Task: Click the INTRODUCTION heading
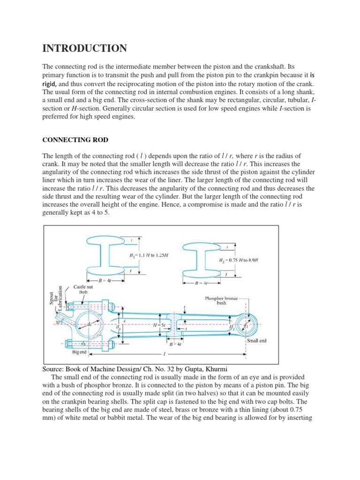84,48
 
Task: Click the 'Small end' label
256,341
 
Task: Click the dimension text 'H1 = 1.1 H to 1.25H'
149,255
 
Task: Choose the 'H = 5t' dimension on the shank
151,324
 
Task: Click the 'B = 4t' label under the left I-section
103,281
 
